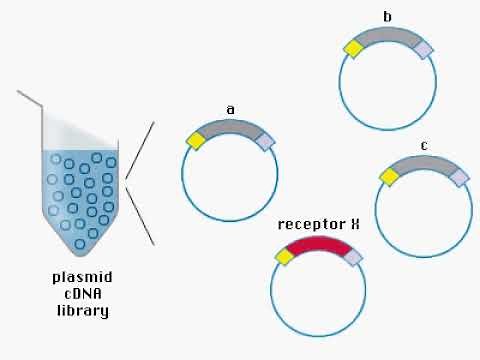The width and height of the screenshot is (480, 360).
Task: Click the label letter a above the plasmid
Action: click(231, 109)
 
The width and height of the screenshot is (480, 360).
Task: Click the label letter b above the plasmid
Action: click(388, 17)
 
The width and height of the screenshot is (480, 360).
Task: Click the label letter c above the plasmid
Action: click(424, 145)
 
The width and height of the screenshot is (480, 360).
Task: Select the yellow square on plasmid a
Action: click(196, 141)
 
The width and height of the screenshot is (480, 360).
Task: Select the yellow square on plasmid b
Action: click(353, 48)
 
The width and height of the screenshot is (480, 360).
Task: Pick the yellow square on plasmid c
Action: click(389, 176)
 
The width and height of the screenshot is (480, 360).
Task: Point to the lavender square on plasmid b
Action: click(424, 49)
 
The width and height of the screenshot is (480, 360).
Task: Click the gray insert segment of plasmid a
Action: click(231, 127)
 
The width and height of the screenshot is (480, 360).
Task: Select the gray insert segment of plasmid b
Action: click(388, 35)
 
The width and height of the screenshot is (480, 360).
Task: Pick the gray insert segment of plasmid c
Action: click(424, 163)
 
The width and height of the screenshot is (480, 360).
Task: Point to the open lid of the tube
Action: click(30, 97)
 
